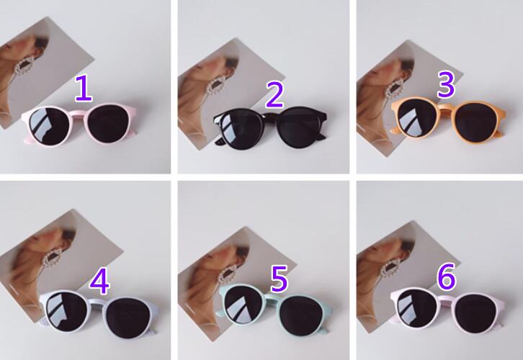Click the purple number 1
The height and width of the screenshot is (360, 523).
click(x=84, y=88)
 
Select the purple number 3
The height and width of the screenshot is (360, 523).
click(x=446, y=85)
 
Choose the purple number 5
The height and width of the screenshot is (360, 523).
click(x=279, y=279)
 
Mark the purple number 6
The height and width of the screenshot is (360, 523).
click(x=447, y=276)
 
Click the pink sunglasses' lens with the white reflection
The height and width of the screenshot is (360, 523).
click(x=49, y=126)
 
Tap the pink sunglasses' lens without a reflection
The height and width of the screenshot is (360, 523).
click(x=108, y=124)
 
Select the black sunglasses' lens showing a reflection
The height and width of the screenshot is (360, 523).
click(x=239, y=127)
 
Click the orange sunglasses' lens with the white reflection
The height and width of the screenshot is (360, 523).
click(x=417, y=117)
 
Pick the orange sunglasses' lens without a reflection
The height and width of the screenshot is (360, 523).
click(x=477, y=122)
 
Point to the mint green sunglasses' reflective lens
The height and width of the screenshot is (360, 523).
click(x=243, y=304)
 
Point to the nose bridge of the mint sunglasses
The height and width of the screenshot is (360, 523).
click(x=272, y=297)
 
